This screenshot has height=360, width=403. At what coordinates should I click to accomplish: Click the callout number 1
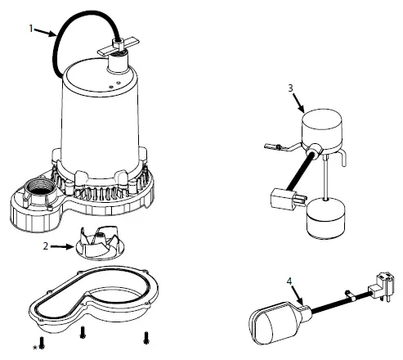coord(31,29)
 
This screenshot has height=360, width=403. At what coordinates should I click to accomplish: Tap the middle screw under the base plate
coord(83,332)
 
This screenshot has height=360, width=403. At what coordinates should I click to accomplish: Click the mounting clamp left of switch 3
coord(275,148)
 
